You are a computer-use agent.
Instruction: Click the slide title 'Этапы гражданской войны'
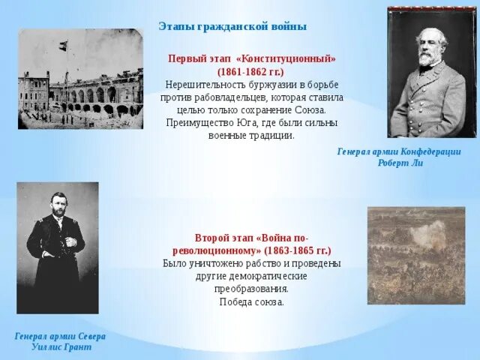pos(232,26)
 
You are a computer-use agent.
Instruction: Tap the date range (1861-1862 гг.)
pos(252,70)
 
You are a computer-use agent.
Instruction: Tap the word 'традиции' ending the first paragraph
pos(272,136)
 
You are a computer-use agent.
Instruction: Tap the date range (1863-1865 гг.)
pos(294,250)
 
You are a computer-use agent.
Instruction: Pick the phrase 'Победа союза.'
pos(252,301)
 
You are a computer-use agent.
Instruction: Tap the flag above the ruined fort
pos(61,47)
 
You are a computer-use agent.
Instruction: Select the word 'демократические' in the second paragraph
pos(271,276)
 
